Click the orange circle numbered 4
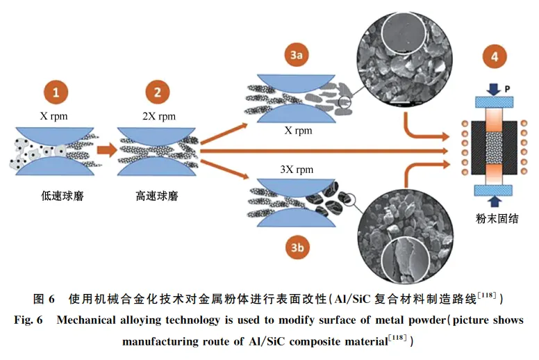494,58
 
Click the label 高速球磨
157,197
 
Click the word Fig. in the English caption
26,320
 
